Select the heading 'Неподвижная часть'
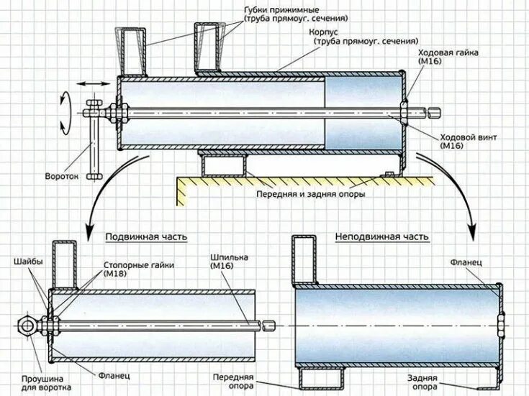tap(382, 236)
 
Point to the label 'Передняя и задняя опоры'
tap(310, 194)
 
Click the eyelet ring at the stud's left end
tap(27, 326)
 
